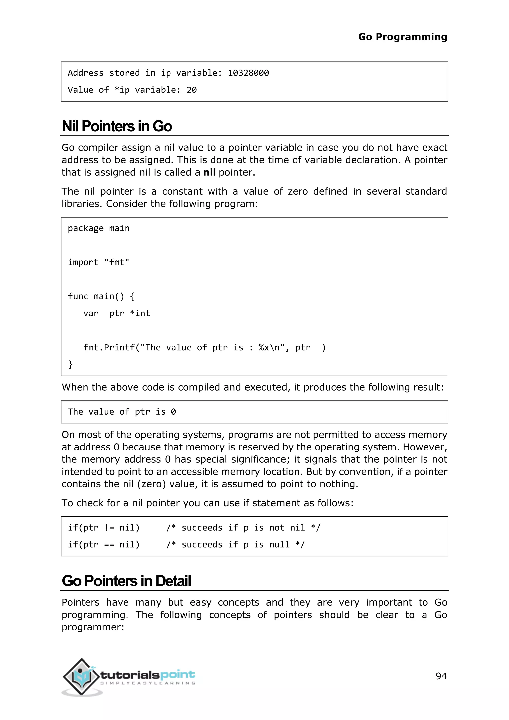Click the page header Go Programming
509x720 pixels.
click(x=402, y=37)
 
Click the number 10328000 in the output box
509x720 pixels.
click(x=248, y=73)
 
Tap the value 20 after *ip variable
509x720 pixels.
click(x=192, y=90)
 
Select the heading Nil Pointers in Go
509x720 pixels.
click(x=117, y=126)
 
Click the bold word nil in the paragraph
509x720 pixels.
click(x=209, y=172)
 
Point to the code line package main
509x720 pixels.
click(x=98, y=228)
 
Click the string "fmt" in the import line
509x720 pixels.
click(x=117, y=262)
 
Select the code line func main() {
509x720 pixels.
click(x=101, y=296)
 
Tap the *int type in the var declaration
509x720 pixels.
click(x=140, y=313)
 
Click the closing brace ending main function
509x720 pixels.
click(x=70, y=364)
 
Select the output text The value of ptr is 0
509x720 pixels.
click(x=122, y=412)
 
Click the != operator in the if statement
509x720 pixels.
click(x=109, y=528)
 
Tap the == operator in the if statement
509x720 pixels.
click(x=109, y=545)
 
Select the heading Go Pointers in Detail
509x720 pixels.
click(x=126, y=581)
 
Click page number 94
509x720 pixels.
click(x=441, y=676)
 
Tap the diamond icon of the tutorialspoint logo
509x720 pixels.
click(x=82, y=676)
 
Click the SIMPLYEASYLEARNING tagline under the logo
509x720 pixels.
click(x=148, y=683)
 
